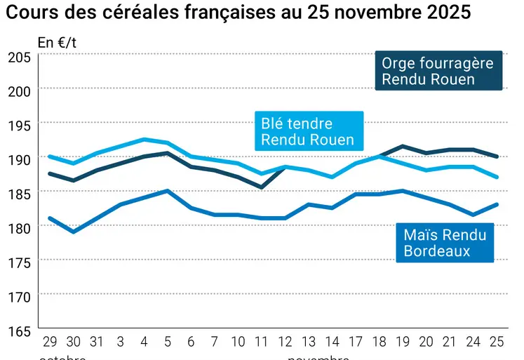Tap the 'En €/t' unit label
[57, 43]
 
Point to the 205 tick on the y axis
[20, 57]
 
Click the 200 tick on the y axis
[20, 91]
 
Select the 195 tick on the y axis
[20, 125]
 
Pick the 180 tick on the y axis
[20, 227]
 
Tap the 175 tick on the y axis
[20, 262]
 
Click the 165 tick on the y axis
[20, 330]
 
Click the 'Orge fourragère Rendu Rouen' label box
[438, 71]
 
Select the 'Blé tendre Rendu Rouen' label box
[308, 131]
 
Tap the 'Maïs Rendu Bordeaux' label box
[445, 242]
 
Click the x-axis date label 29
[50, 342]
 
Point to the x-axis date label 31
[97, 342]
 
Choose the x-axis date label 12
[285, 342]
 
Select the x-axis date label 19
[403, 342]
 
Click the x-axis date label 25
[497, 342]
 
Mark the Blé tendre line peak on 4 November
[144, 139]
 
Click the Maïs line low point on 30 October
[73, 232]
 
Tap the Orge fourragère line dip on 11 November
[261, 187]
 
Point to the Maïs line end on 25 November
[497, 204]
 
